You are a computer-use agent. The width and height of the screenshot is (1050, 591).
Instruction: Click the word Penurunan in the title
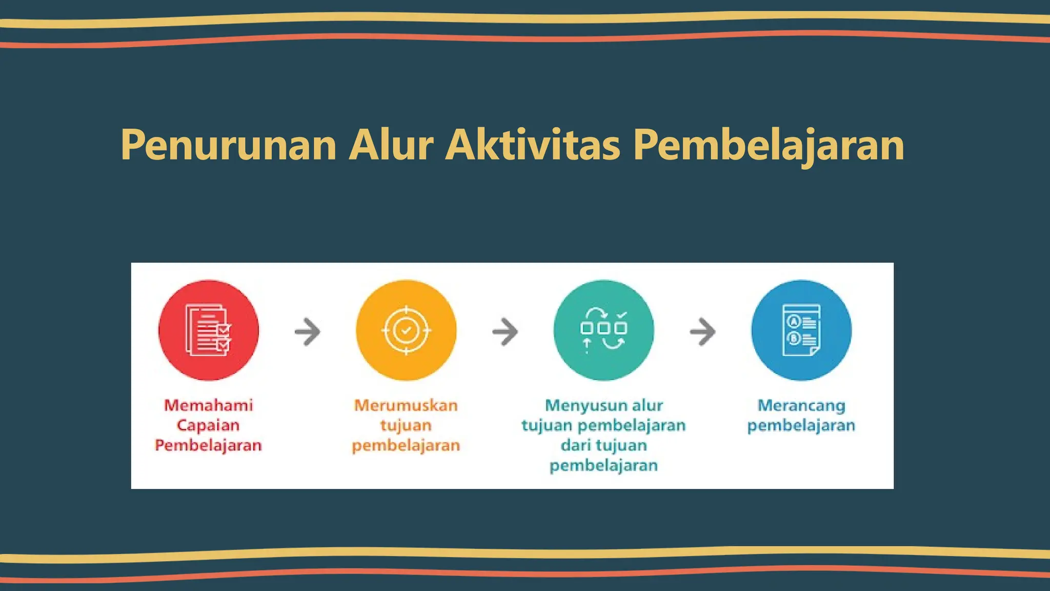pyautogui.click(x=229, y=145)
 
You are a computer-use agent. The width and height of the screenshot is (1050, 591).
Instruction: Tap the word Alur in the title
pyautogui.click(x=391, y=145)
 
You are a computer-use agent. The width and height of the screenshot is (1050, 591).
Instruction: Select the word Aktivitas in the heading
pyautogui.click(x=533, y=145)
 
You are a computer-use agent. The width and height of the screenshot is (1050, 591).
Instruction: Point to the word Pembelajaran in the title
pyautogui.click(x=769, y=145)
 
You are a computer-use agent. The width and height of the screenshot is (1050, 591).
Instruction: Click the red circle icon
pyautogui.click(x=209, y=330)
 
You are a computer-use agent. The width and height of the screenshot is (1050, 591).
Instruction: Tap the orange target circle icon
pyautogui.click(x=406, y=330)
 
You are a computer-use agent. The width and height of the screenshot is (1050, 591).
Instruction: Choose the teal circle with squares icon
pyautogui.click(x=603, y=330)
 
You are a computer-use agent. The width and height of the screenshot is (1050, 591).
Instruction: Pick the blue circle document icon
pyautogui.click(x=801, y=330)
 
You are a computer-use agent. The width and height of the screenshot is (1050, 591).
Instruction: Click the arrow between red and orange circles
pyautogui.click(x=308, y=331)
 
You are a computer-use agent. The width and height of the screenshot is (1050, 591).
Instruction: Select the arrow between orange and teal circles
pyautogui.click(x=505, y=331)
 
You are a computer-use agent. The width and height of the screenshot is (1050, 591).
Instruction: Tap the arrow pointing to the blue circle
pyautogui.click(x=702, y=331)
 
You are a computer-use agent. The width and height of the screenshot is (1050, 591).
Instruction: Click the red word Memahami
pyautogui.click(x=209, y=405)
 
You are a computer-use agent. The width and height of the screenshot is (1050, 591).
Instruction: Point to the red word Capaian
pyautogui.click(x=208, y=425)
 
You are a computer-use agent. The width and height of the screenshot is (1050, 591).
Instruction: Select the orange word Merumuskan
pyautogui.click(x=406, y=405)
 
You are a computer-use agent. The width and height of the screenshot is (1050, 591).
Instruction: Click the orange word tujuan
pyautogui.click(x=406, y=425)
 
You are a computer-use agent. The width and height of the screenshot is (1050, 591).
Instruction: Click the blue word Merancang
pyautogui.click(x=801, y=405)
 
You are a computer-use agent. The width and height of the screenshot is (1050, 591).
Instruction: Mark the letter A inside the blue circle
pyautogui.click(x=794, y=322)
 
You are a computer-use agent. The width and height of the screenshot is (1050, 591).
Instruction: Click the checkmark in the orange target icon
pyautogui.click(x=406, y=330)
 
